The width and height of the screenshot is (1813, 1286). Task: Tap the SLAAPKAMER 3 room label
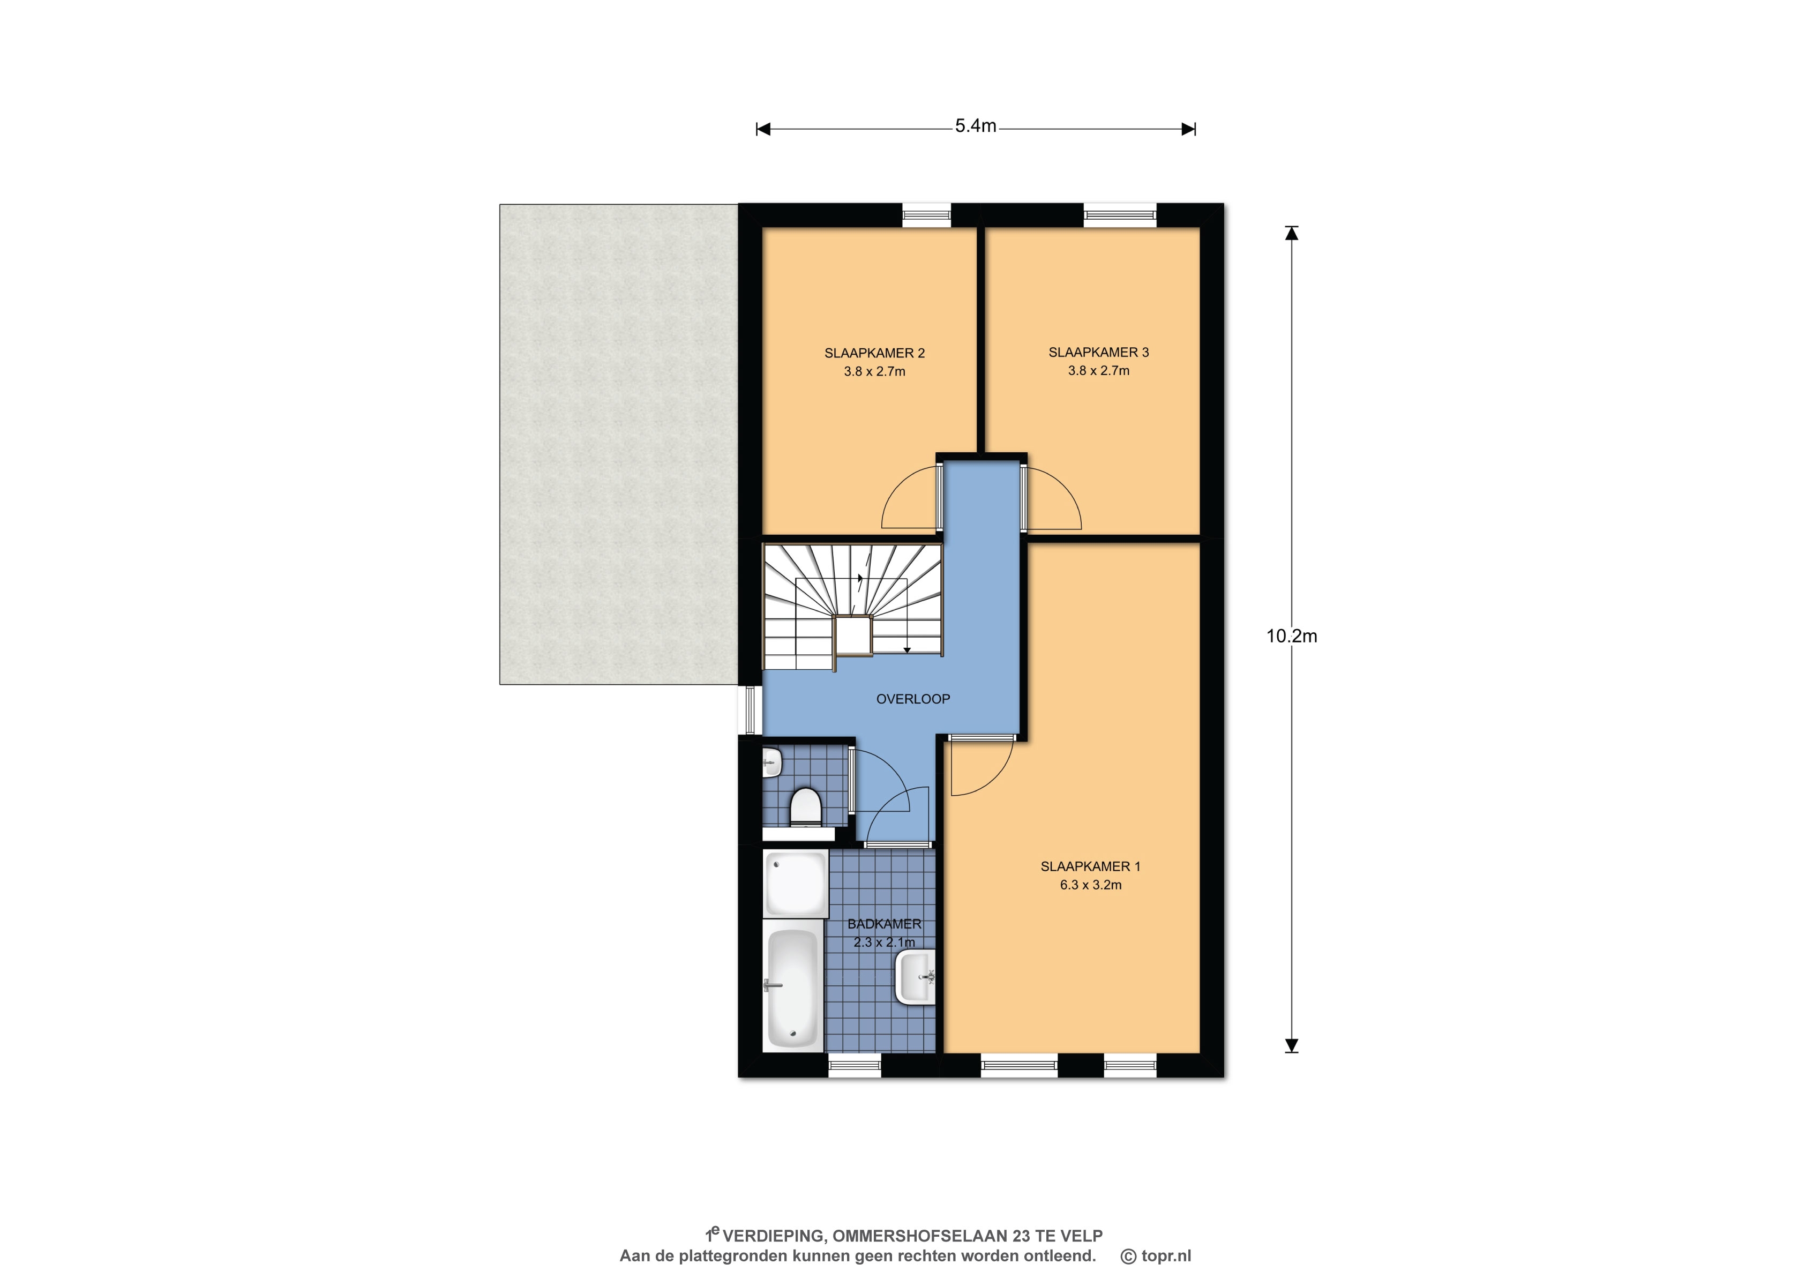[1098, 353]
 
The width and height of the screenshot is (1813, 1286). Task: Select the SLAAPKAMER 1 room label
[1090, 866]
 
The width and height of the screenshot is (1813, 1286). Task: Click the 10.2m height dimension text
[1291, 636]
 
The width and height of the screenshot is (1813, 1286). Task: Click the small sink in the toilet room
[772, 764]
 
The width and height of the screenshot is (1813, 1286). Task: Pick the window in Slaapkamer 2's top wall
[926, 215]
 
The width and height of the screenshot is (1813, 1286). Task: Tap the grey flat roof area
[618, 444]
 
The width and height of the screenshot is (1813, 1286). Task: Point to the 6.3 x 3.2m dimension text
[1090, 885]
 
